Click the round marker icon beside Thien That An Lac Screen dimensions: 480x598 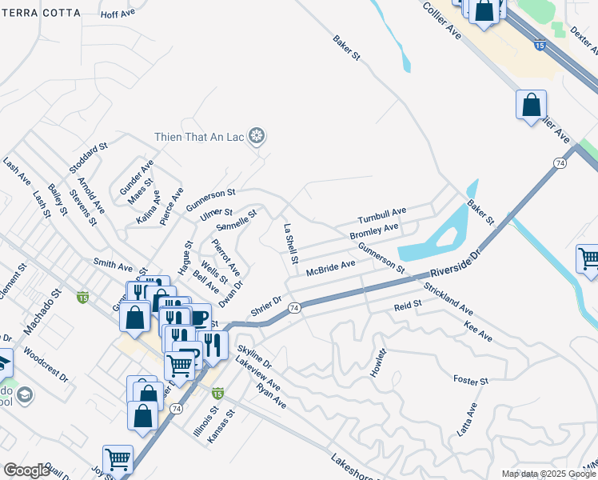(257, 137)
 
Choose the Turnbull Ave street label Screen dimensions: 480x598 (382, 214)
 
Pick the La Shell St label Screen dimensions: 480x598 (291, 244)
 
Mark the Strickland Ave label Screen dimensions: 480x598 (449, 297)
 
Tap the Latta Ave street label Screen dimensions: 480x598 (467, 418)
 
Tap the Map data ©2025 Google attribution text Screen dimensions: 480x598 (548, 474)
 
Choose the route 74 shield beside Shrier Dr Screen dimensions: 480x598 (294, 307)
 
